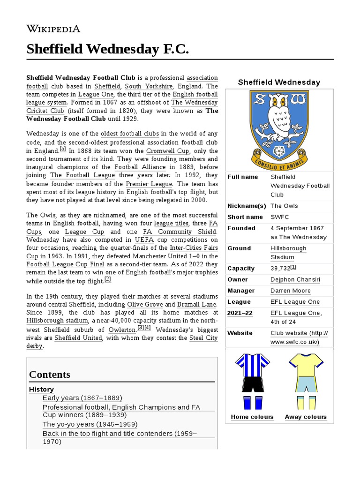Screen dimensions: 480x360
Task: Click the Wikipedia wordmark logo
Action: click(x=53, y=29)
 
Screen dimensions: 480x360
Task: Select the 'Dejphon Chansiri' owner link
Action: click(x=295, y=280)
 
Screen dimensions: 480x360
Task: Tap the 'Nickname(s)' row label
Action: click(x=247, y=206)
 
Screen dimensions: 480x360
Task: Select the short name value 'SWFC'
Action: click(x=280, y=217)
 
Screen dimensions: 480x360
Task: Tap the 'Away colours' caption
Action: click(x=306, y=417)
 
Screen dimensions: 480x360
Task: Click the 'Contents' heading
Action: click(x=50, y=375)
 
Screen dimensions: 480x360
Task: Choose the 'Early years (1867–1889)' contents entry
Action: click(x=82, y=398)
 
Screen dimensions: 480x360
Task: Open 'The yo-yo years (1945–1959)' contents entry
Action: click(x=90, y=424)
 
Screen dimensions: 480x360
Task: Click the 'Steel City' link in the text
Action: click(x=203, y=337)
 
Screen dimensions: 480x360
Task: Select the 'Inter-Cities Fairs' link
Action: click(x=194, y=247)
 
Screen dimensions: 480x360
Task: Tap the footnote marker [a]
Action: click(x=63, y=149)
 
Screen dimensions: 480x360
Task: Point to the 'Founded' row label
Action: click(x=241, y=228)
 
